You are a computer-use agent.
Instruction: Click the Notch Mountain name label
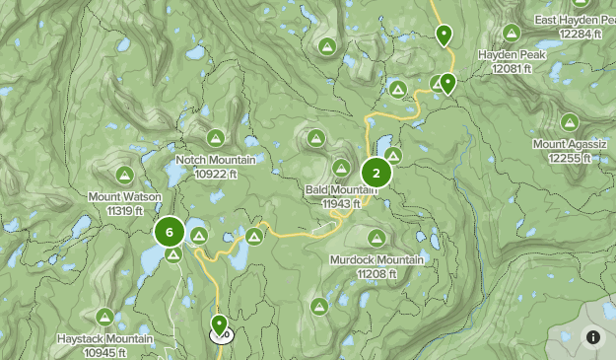click(x=215, y=160)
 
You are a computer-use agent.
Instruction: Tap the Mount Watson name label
click(x=124, y=197)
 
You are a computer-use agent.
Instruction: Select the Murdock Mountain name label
click(x=376, y=259)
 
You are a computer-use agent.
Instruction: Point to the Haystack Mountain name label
click(x=104, y=339)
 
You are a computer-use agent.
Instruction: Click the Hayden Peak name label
click(x=512, y=55)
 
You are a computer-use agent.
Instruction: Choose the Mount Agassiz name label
click(x=570, y=144)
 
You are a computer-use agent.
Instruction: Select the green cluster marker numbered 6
click(x=170, y=233)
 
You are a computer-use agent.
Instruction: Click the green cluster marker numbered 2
click(x=376, y=174)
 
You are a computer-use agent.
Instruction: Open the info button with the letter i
click(x=593, y=337)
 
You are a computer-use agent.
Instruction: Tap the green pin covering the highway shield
click(x=219, y=324)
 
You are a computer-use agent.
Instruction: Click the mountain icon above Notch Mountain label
click(x=215, y=137)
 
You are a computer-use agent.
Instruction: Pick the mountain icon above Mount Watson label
click(x=124, y=176)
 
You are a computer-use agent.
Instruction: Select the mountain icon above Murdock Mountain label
click(x=376, y=237)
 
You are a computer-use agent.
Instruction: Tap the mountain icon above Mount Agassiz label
click(x=570, y=122)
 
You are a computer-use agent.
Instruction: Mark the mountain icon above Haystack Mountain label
click(x=104, y=317)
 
